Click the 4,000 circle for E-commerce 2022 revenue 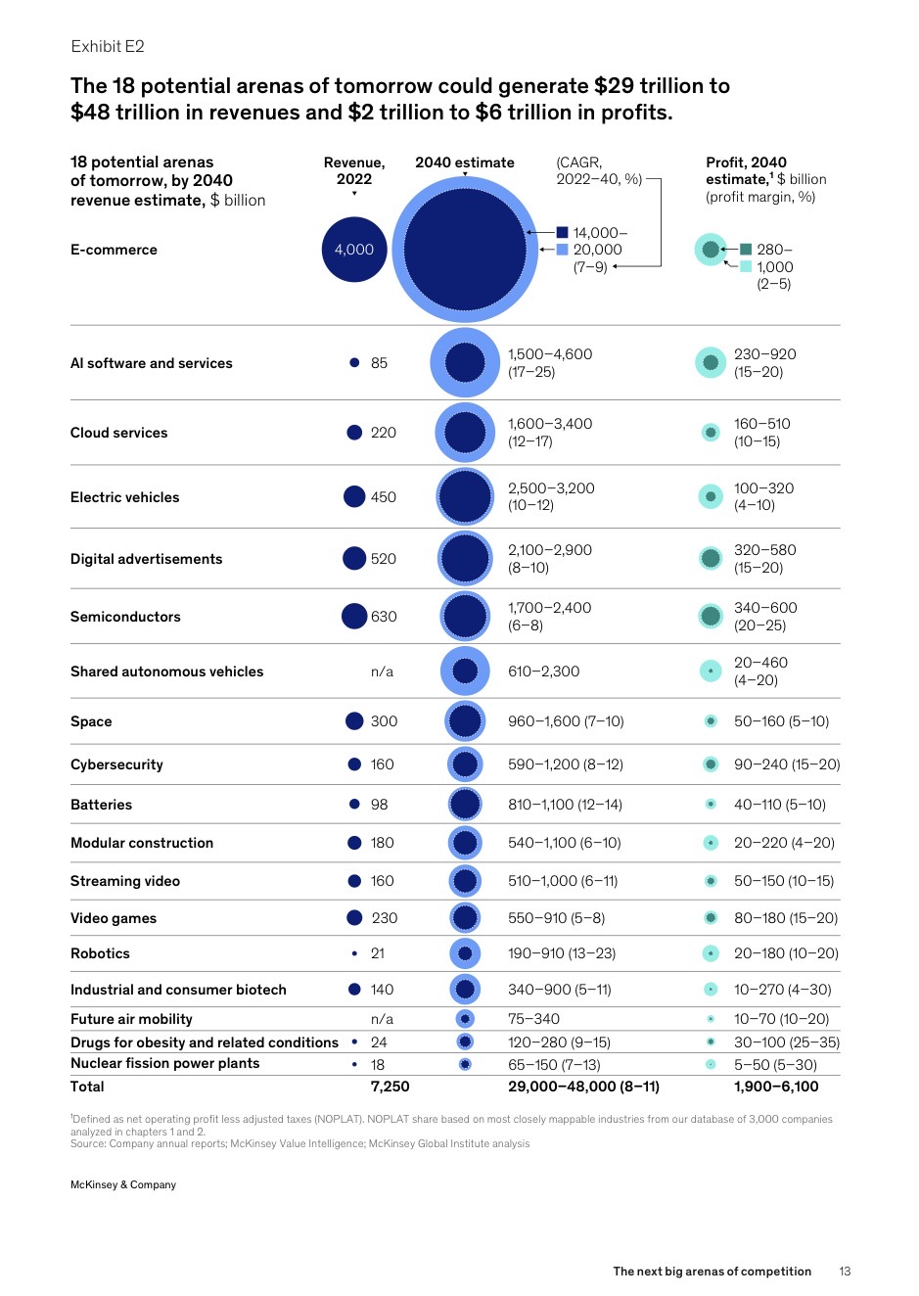click(354, 250)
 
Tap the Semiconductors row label click(125, 617)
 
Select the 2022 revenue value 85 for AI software click(379, 363)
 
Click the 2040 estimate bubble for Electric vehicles click(465, 497)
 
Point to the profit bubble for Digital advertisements click(711, 558)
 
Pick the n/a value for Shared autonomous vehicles click(382, 671)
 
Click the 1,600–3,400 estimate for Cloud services click(550, 424)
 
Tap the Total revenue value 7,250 click(390, 1087)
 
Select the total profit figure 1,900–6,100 click(776, 1087)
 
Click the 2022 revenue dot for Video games click(354, 917)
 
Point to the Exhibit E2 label click(108, 46)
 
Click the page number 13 click(845, 1272)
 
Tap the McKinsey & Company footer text click(123, 1184)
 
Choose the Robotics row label click(100, 953)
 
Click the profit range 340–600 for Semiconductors click(765, 608)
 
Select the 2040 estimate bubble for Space click(465, 721)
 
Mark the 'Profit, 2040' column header click(746, 162)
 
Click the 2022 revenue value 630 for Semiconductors click(384, 617)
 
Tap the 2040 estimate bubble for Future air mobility click(465, 1019)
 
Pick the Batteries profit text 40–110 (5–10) click(780, 805)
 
